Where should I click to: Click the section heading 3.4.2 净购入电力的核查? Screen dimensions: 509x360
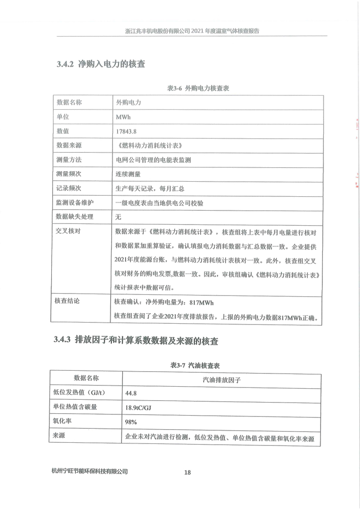(x=101, y=64)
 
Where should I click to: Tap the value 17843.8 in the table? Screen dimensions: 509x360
(x=126, y=131)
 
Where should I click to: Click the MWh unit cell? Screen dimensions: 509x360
(x=123, y=117)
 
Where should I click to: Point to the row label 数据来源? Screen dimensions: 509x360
(x=69, y=145)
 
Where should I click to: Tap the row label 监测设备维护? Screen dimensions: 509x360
(x=75, y=203)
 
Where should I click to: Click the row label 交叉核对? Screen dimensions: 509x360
(x=69, y=231)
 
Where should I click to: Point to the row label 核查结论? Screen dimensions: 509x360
(x=69, y=301)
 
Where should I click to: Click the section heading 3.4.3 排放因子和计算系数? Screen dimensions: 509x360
(x=136, y=341)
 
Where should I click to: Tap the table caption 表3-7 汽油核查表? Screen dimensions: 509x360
(x=195, y=365)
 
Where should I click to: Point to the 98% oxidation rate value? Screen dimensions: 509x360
(x=131, y=422)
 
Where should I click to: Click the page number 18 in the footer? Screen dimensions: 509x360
(x=187, y=472)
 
